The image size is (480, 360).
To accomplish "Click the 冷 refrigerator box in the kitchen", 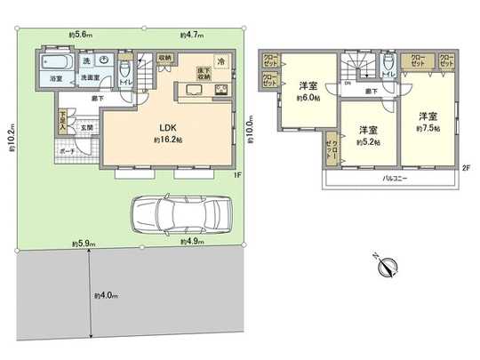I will (x=220, y=64).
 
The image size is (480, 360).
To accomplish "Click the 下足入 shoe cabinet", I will (x=63, y=119).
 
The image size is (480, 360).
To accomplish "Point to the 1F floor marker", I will (x=237, y=173).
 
